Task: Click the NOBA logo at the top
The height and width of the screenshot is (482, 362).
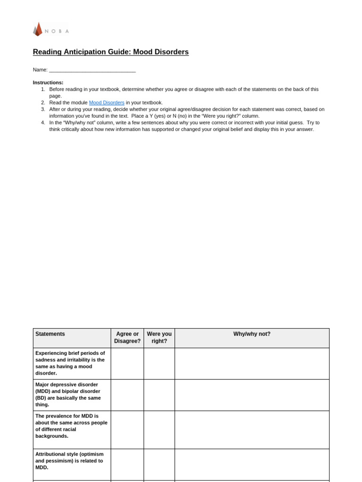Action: point(51,30)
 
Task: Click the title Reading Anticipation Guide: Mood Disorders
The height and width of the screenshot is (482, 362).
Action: point(111,52)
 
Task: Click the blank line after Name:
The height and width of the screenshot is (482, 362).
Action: point(92,70)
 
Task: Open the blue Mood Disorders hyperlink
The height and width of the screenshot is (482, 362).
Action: point(107,103)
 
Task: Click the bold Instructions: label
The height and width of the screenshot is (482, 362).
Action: point(48,83)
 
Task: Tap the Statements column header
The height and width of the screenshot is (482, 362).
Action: point(50,334)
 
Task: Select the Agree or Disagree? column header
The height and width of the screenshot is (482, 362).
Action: point(127,337)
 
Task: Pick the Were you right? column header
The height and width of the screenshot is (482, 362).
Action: point(159,337)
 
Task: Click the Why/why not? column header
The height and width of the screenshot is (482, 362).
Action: point(252,334)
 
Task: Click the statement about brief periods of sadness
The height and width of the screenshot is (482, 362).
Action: point(71,363)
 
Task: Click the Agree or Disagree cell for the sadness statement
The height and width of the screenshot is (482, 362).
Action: point(127,363)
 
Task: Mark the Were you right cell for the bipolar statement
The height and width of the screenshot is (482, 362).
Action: point(159,395)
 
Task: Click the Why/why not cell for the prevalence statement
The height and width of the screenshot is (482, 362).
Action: point(252,429)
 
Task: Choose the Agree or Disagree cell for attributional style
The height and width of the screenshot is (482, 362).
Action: point(127,464)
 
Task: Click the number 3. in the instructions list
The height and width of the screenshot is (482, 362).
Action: point(43,109)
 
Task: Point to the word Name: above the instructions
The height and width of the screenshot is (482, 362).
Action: point(40,70)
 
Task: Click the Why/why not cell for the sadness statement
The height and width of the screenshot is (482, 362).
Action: point(252,363)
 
